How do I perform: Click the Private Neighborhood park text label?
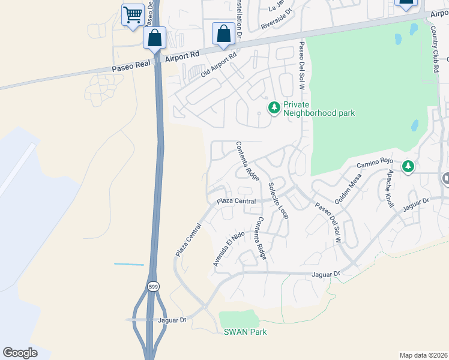click(319, 108)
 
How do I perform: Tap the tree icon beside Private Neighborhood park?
click(274, 108)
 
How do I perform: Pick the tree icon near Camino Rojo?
click(408, 166)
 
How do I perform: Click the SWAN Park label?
click(245, 332)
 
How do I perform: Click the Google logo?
click(20, 353)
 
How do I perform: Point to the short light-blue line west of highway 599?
click(129, 264)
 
